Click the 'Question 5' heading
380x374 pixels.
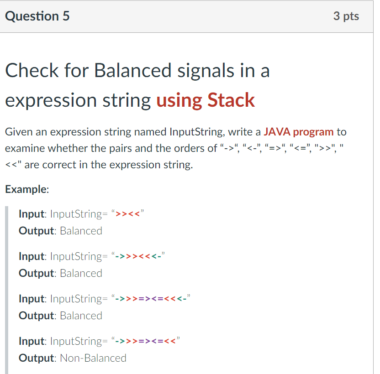point(37,16)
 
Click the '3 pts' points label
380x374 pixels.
point(346,16)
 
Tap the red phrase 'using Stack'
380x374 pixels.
point(206,100)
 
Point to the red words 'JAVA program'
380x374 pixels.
point(299,132)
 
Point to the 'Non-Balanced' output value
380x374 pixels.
point(93,358)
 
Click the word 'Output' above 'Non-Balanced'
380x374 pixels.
point(36,358)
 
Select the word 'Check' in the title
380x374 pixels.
point(32,71)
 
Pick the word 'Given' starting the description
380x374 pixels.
point(18,132)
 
